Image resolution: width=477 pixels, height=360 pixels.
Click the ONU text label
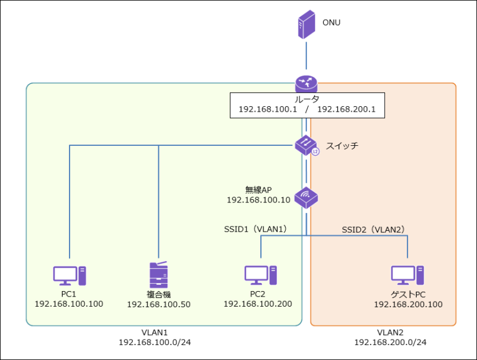click(x=331, y=23)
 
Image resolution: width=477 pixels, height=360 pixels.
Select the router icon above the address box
click(x=306, y=84)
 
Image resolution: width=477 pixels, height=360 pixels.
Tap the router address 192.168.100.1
click(x=268, y=109)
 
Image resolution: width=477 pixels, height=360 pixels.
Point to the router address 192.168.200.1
click(x=346, y=109)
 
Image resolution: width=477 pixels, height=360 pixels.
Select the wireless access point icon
click(x=307, y=197)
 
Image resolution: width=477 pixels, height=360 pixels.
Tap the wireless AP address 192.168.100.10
click(x=257, y=200)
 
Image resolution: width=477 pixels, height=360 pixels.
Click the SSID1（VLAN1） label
click(x=255, y=229)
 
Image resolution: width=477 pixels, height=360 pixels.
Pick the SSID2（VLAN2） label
click(x=373, y=230)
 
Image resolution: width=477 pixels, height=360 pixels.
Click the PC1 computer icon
click(x=69, y=274)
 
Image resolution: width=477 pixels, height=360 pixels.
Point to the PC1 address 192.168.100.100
click(x=69, y=304)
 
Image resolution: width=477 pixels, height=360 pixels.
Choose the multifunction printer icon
click(x=159, y=273)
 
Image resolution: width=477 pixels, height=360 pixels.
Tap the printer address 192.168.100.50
click(x=158, y=305)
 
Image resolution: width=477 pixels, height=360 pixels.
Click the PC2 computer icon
click(x=260, y=274)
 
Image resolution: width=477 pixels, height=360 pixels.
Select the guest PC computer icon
click(x=407, y=274)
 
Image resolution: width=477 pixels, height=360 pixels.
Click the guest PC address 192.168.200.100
click(x=408, y=305)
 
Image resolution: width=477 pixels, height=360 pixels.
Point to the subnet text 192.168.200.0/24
click(x=390, y=342)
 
